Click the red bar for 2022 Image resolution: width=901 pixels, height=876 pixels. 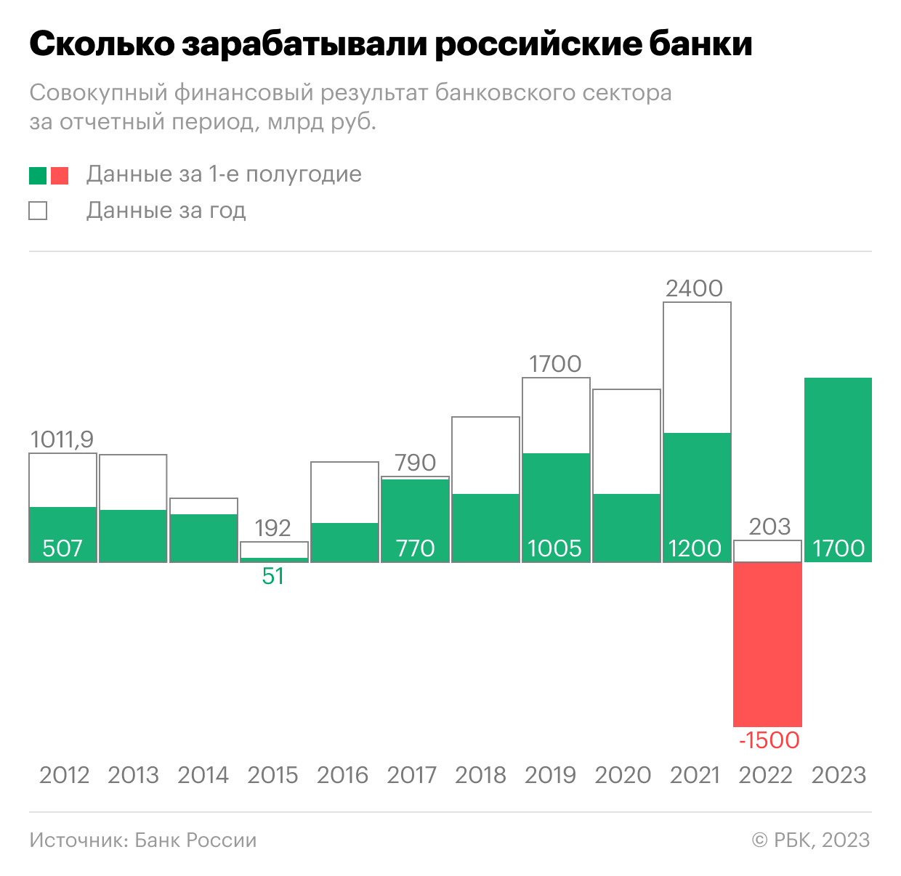767,644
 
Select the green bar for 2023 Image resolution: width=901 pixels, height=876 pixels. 838,470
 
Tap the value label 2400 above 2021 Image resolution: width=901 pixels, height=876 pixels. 694,288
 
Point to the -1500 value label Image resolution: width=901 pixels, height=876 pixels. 769,740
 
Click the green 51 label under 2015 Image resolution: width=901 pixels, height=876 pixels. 272,576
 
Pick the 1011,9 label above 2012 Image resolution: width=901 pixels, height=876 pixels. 62,439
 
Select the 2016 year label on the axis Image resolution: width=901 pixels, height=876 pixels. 342,775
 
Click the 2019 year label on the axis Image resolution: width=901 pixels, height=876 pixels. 550,775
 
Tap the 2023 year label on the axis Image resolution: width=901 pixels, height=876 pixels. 839,775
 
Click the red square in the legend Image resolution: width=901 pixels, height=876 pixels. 60,176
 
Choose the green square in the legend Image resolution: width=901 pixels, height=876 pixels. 38,176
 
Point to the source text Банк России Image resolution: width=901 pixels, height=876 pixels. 196,840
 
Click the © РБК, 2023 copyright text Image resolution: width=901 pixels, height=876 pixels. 811,840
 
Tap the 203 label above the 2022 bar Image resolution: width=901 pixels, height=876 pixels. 769,527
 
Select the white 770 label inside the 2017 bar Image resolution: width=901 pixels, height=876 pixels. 415,548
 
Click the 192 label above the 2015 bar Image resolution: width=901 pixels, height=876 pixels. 272,528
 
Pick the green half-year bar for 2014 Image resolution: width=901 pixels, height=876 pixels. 203,538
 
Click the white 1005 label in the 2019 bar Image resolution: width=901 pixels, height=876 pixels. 554,548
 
